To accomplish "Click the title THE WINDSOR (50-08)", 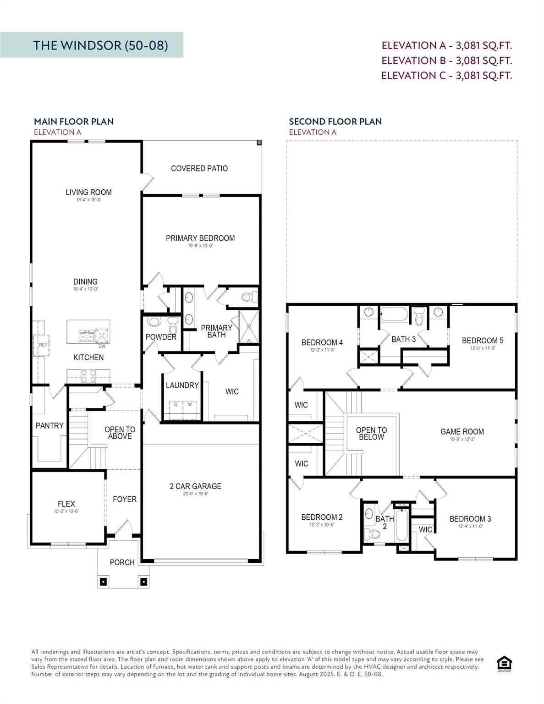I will [x=100, y=45].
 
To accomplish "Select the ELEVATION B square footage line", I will [x=446, y=60].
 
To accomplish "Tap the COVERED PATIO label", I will [x=199, y=168].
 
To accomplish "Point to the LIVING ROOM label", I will [x=88, y=192].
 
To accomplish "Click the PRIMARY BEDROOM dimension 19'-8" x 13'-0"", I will [x=200, y=246].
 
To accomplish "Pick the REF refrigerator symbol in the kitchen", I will [x=42, y=344].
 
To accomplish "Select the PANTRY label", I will [x=49, y=426].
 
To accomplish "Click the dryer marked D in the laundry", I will [x=176, y=405].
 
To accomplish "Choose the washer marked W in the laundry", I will [x=189, y=405].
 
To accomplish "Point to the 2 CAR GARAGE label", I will [x=195, y=486].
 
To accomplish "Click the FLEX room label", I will [x=66, y=504].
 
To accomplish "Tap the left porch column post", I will [x=103, y=582].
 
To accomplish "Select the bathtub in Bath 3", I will [x=395, y=314].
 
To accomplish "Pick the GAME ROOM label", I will [x=462, y=431].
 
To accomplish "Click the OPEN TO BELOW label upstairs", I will [x=371, y=434].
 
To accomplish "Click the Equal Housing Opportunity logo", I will [x=504, y=663].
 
